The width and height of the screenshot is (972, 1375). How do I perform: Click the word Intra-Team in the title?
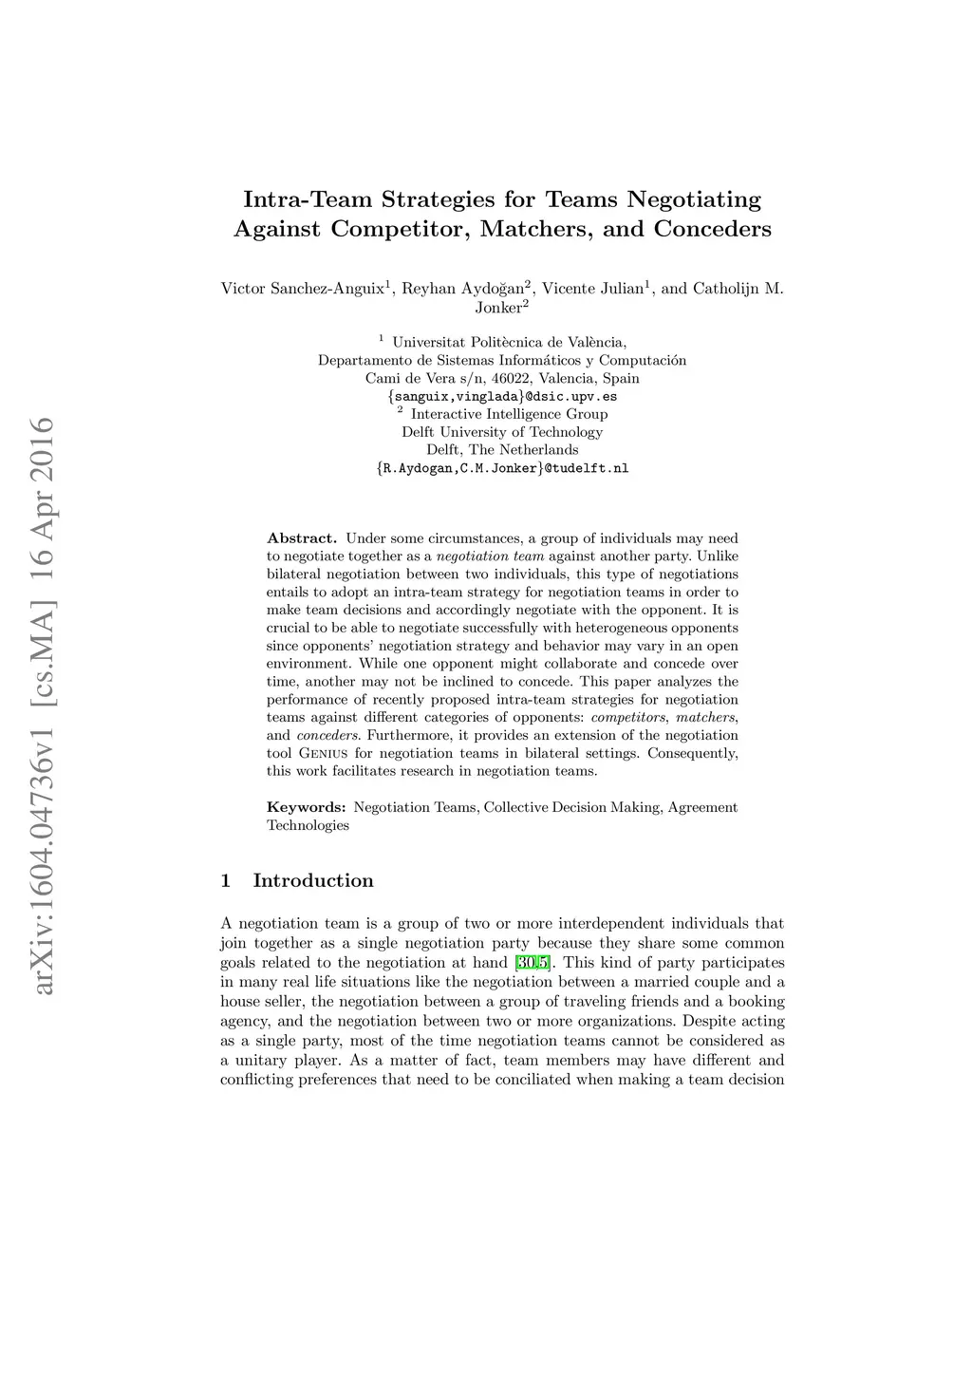pos(308,200)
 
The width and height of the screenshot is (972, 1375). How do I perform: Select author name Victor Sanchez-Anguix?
pos(302,289)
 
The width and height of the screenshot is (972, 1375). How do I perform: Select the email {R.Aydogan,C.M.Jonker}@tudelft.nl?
pos(502,468)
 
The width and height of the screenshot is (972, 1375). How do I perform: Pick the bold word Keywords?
pos(306,807)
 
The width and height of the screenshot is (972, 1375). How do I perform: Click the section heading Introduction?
pos(313,881)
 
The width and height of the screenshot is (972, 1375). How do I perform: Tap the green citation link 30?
pos(526,963)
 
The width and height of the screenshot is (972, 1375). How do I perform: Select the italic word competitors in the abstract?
pos(628,717)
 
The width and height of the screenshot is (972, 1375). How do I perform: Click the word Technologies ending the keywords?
pos(308,825)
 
